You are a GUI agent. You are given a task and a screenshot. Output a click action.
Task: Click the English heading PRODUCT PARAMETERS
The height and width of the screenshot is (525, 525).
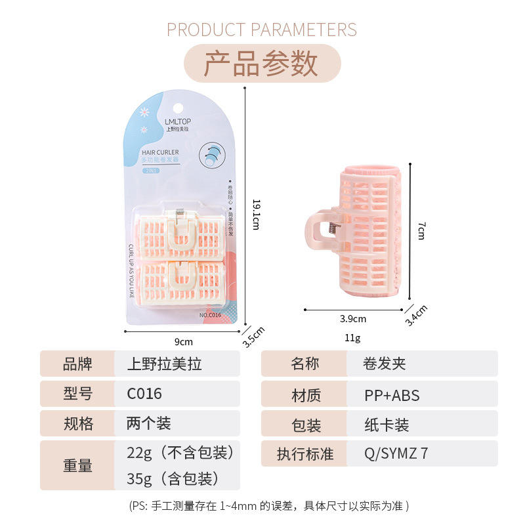pos(262,30)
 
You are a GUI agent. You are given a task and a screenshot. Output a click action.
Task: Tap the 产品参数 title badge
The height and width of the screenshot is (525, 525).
pos(262,63)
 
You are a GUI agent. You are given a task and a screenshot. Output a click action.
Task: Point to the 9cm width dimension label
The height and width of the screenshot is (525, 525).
pos(184,341)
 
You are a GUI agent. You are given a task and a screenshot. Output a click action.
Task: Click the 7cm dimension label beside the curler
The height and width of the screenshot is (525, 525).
pos(421,229)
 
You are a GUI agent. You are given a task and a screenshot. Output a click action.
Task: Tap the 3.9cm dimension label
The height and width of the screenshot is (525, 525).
pos(352,319)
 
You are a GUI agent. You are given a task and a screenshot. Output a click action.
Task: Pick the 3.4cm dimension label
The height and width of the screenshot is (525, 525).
pos(416,315)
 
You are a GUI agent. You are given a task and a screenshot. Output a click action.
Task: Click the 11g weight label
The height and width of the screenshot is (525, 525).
pos(352,338)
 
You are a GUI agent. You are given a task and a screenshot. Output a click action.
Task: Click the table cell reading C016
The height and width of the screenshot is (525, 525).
pos(144,394)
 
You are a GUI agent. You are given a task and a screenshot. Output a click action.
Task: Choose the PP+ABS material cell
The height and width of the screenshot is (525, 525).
pos(392,395)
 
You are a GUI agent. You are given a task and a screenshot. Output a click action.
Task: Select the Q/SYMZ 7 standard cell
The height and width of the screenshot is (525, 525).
pos(396,453)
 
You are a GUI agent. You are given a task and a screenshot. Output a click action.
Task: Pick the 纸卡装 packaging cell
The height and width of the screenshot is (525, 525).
pos(386,425)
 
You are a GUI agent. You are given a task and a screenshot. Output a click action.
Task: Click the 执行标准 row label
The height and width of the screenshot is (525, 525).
pos(304,453)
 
